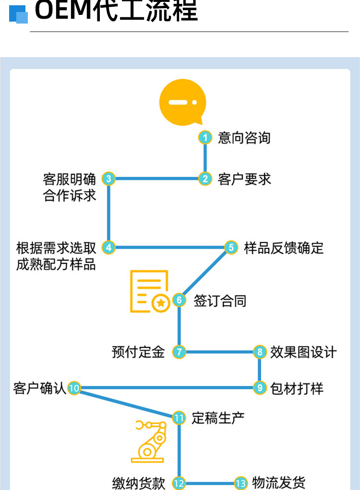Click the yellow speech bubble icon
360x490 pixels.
[x=183, y=102]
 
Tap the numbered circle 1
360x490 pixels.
[x=205, y=137]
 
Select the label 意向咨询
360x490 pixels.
[x=244, y=138]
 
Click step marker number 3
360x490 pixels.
[x=108, y=179]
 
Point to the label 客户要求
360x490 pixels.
[x=244, y=179]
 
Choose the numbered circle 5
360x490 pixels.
[x=231, y=247]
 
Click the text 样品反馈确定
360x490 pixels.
[x=284, y=248]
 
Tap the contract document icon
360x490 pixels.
[x=150, y=291]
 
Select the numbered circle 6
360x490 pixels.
[x=179, y=300]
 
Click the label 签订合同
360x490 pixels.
[x=220, y=301]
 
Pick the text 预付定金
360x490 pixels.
[x=138, y=352]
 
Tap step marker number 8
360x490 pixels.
[x=260, y=352]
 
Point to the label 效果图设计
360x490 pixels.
[x=303, y=352]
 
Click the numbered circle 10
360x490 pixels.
[x=74, y=388]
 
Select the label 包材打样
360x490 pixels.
[x=297, y=389]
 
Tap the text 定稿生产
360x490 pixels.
[x=218, y=418]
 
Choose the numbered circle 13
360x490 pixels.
[x=241, y=483]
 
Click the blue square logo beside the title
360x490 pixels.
[x=18, y=14]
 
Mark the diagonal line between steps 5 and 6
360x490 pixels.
[x=205, y=274]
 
